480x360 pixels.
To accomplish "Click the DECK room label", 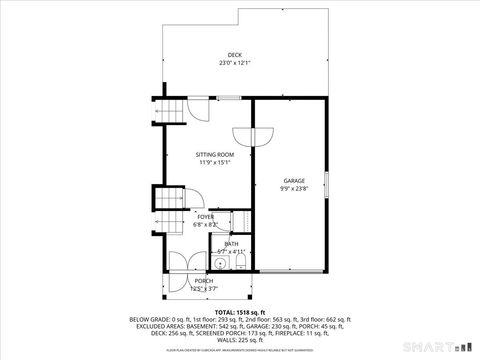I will coord(234,55).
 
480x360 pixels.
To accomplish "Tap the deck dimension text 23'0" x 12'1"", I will coord(234,63).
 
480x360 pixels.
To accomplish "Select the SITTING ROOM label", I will coord(215,154).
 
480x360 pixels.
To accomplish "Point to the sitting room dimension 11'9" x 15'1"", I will coord(215,162).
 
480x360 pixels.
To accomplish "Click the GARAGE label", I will coord(294,181).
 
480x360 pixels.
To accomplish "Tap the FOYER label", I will coord(205,217).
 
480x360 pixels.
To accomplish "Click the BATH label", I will coord(231,244).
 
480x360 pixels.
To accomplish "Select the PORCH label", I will coord(204,281).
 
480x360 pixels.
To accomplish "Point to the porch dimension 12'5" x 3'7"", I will coord(204,289).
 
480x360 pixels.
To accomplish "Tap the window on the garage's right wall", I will coord(326,184).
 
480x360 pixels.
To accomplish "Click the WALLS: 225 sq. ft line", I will coord(240,339).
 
